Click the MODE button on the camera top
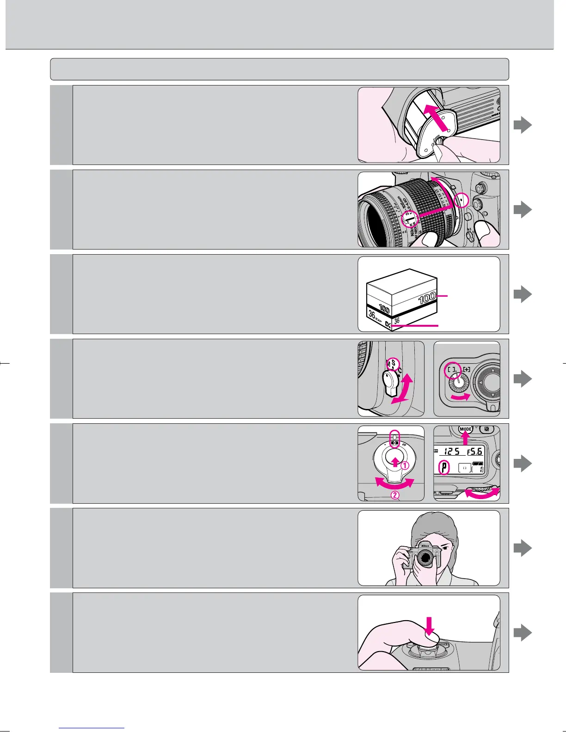pyautogui.click(x=465, y=429)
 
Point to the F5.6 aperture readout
pyautogui.click(x=475, y=451)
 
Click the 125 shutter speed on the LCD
pyautogui.click(x=453, y=451)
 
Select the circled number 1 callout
pyautogui.click(x=404, y=466)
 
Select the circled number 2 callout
pyautogui.click(x=395, y=496)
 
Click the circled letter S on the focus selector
pyautogui.click(x=393, y=363)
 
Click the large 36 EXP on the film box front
pyautogui.click(x=375, y=317)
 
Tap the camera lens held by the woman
pyautogui.click(x=424, y=559)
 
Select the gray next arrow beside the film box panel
pyautogui.click(x=523, y=294)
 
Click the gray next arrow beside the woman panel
pyautogui.click(x=523, y=549)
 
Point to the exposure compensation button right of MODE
pyautogui.click(x=486, y=429)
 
